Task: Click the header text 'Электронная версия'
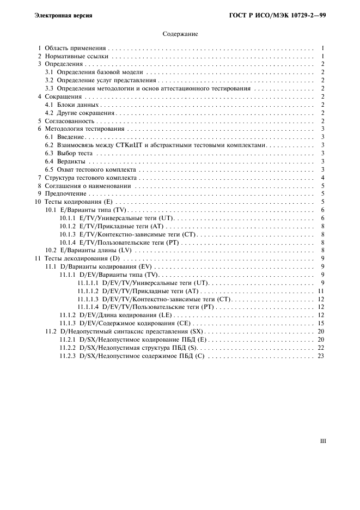tap(63, 15)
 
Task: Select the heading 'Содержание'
tap(180, 34)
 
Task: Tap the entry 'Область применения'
tap(75, 48)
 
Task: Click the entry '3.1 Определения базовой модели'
tap(94, 72)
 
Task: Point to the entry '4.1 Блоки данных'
tap(72, 105)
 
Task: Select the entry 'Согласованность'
tap(69, 120)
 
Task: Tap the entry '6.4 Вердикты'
tap(65, 161)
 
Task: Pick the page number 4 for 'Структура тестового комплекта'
tap(323, 178)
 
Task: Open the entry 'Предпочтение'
tap(65, 193)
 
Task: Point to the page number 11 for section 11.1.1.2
tap(321, 291)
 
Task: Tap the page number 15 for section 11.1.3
tap(321, 323)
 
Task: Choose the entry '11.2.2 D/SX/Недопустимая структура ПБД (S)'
tap(129, 348)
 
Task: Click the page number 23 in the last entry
tap(321, 356)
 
